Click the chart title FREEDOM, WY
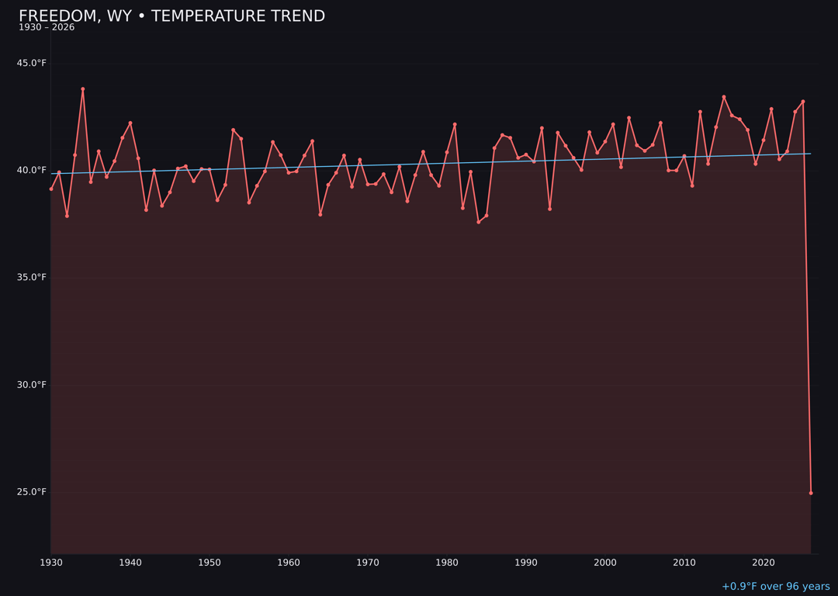click(x=171, y=16)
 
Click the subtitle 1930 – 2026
click(x=47, y=28)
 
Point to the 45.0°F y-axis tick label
click(x=32, y=63)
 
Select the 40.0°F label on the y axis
click(x=32, y=170)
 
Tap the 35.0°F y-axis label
click(x=32, y=277)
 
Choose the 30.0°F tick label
click(x=32, y=385)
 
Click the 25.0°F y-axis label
click(x=32, y=492)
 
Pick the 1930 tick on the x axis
click(x=51, y=563)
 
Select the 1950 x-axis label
click(x=209, y=563)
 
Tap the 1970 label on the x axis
click(x=368, y=563)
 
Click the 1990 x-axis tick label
click(x=526, y=563)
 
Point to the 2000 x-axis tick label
click(x=605, y=563)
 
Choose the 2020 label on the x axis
click(x=764, y=563)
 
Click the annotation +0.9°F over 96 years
click(x=775, y=587)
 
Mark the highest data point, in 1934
click(x=83, y=89)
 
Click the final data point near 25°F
click(x=811, y=493)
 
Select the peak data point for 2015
click(x=724, y=97)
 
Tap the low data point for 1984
click(x=479, y=222)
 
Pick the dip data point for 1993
click(x=550, y=209)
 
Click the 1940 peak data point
click(x=130, y=123)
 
